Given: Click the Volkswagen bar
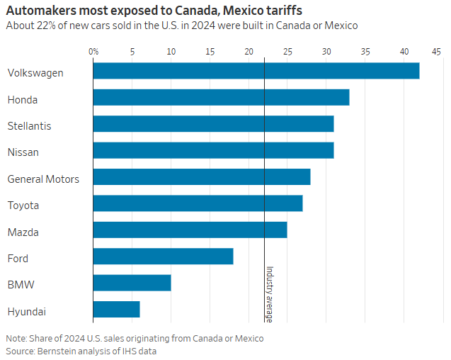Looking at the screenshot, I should coord(256,71).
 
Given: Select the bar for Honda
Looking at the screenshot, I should coord(221,98).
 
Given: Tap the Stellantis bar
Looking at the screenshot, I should coord(213,124).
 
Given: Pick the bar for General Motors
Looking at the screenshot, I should coord(201,177).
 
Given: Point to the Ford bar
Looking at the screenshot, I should coord(163,257).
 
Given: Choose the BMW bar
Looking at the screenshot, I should coord(132,283).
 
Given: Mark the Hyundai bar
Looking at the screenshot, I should coord(116,310).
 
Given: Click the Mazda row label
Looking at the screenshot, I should coord(23,232).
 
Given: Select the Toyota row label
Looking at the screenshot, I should coord(23,206).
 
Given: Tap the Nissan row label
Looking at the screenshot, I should coord(23,152).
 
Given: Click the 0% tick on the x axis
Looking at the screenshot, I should coord(93,51).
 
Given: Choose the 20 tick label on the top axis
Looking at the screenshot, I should coord(249,51).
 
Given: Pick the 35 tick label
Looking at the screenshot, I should coord(365,51).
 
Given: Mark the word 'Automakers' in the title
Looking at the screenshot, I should coord(38,11).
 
